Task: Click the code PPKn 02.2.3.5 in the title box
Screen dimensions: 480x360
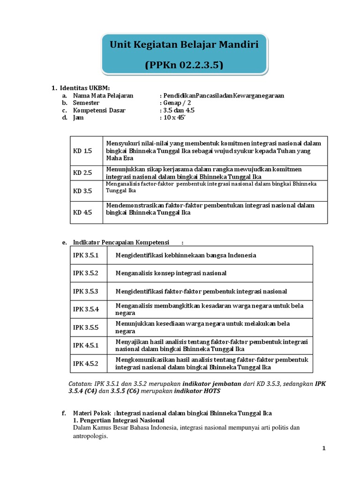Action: [x=184, y=65]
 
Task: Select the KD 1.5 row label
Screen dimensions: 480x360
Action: [x=82, y=151]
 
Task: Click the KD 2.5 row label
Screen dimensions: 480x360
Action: [x=82, y=172]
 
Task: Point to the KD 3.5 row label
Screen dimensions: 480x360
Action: [x=82, y=191]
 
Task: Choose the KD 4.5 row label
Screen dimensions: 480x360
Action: [x=82, y=212]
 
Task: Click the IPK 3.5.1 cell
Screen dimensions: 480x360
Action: [x=86, y=255]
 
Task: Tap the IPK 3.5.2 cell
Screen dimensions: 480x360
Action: [x=86, y=273]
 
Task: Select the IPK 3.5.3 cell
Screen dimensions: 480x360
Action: [x=86, y=291]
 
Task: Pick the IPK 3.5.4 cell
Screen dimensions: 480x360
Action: [x=86, y=309]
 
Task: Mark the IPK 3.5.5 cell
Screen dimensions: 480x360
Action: [x=86, y=327]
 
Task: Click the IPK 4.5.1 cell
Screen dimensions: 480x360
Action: [x=86, y=345]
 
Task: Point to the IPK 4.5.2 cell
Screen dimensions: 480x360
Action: [x=86, y=363]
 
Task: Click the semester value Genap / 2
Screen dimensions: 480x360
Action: [x=175, y=103]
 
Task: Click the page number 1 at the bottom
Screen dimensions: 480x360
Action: [x=323, y=448]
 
